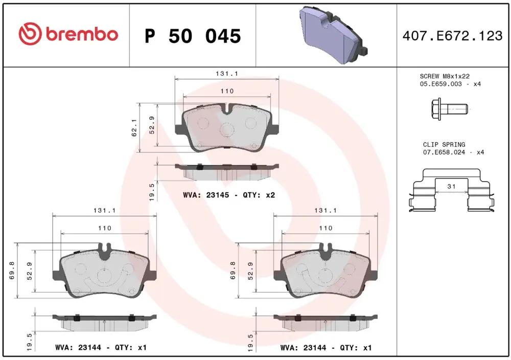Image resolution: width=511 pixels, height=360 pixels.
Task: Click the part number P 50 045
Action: click(x=193, y=36)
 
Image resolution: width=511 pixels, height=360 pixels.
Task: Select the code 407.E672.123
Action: click(x=453, y=36)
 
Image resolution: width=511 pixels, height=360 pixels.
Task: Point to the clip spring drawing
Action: click(x=451, y=190)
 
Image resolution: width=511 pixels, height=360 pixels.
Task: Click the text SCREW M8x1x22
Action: click(x=445, y=76)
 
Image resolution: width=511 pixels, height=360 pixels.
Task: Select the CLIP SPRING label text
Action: click(x=444, y=144)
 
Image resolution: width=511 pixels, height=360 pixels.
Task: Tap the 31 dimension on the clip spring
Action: click(x=451, y=187)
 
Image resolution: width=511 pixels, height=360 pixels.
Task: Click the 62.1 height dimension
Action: click(x=134, y=127)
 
